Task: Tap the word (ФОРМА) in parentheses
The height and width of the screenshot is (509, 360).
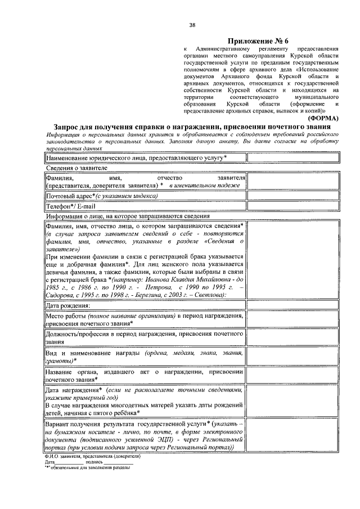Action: click(322, 119)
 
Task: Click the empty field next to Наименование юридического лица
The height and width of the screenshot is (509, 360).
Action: click(293, 159)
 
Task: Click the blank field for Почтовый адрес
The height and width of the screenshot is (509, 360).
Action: click(293, 196)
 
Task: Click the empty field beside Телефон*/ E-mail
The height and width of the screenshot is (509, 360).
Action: click(293, 206)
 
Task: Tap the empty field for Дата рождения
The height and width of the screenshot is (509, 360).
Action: click(293, 305)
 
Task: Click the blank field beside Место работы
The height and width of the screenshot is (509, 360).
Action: click(293, 320)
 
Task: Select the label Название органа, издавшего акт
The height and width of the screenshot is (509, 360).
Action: click(144, 375)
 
